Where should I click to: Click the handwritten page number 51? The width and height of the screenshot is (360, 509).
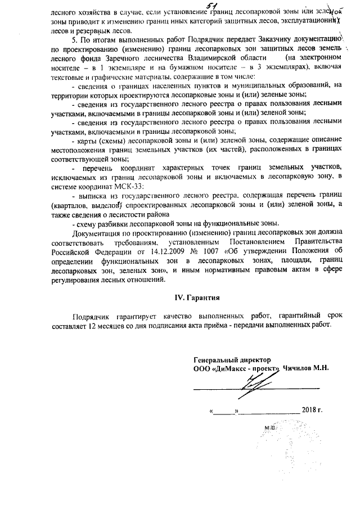click(196, 5)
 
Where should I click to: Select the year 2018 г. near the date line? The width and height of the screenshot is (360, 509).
click(312, 409)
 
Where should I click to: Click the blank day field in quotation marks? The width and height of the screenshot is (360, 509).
click(226, 410)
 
